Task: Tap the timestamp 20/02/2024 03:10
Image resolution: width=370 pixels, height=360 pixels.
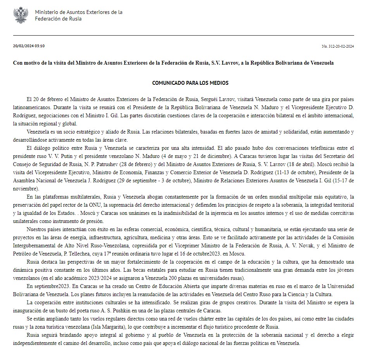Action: (x=29, y=46)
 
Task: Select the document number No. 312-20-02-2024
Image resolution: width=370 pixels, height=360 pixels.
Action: (x=337, y=46)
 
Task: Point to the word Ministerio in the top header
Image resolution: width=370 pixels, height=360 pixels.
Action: (x=48, y=12)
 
